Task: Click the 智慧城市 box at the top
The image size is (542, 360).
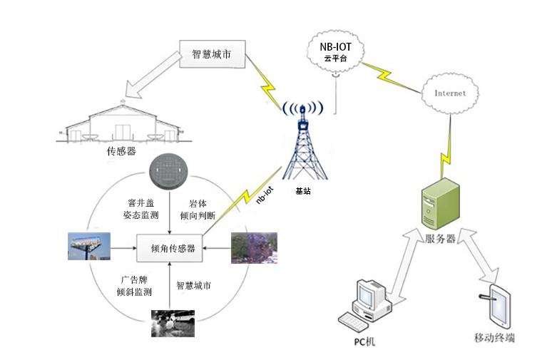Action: coord(211,54)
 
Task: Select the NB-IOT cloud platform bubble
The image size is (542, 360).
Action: coord(334,52)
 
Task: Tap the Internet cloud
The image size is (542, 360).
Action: coord(450,93)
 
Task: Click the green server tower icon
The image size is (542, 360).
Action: coord(440,205)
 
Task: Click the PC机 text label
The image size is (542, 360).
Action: coord(364,341)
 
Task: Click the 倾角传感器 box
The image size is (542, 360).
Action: coord(169,249)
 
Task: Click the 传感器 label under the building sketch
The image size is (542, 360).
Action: coord(121,151)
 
